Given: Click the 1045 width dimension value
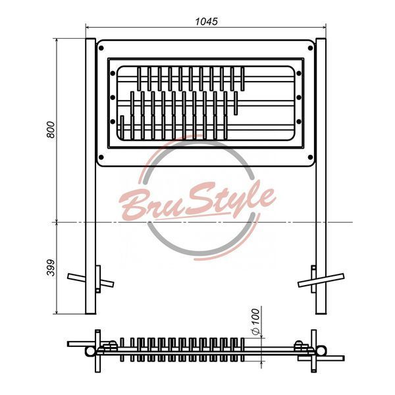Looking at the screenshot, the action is pos(206,22).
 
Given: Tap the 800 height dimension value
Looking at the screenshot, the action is pos(51,130).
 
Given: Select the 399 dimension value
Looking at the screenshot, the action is pos(51,267).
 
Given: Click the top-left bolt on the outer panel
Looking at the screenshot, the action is pos(101,48).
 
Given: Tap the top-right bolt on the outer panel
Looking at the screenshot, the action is pos(311,48).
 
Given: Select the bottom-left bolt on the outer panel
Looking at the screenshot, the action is pos(101,157).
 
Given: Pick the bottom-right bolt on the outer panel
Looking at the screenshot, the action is pos(311,157).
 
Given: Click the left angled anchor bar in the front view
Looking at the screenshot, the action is pos(91,280).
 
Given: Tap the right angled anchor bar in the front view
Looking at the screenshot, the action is pos(321,280).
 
